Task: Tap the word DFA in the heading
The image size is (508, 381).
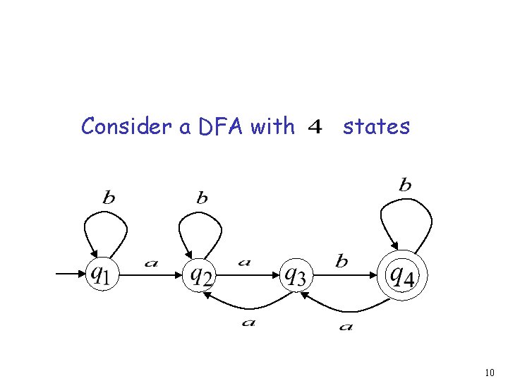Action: click(222, 126)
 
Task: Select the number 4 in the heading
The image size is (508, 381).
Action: click(315, 128)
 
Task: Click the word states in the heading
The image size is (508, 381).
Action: click(376, 127)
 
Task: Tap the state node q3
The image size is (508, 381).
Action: click(294, 274)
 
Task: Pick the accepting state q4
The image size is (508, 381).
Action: click(403, 274)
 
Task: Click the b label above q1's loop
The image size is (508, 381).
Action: click(109, 198)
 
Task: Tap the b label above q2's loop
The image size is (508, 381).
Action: click(202, 198)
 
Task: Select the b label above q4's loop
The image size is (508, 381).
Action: click(405, 186)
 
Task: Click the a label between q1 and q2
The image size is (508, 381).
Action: click(151, 263)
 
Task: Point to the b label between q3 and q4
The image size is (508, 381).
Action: click(341, 262)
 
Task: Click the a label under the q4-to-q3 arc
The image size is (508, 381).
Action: click(346, 327)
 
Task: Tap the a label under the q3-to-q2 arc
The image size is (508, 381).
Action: click(248, 322)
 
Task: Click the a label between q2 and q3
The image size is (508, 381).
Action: click(244, 262)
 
